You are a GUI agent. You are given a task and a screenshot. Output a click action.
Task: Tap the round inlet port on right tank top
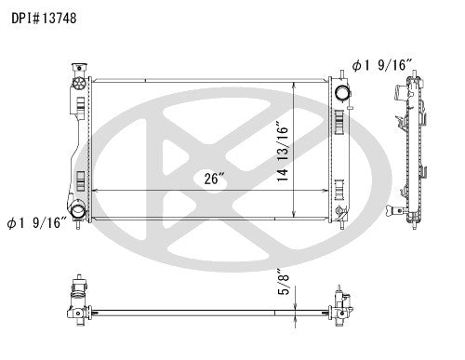[x=341, y=93]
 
